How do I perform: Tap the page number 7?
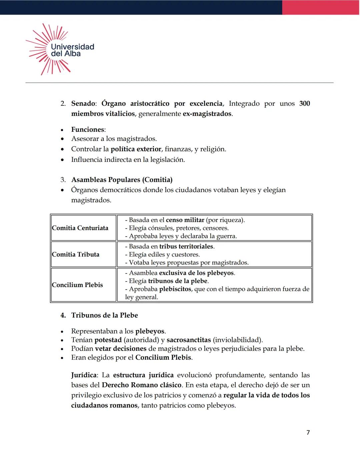click(308, 432)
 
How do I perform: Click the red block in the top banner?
click(321, 7)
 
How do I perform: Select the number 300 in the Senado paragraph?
click(304, 103)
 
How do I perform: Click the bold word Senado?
click(83, 103)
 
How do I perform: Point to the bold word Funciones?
click(88, 129)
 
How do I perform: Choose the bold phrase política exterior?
click(136, 149)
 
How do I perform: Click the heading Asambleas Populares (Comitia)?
click(122, 180)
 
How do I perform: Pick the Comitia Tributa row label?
click(76, 254)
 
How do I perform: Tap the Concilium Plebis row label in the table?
click(77, 285)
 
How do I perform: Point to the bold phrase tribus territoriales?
click(186, 247)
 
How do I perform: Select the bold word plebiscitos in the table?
click(175, 289)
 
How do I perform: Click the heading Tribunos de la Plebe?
click(104, 315)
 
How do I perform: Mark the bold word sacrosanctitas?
click(189, 340)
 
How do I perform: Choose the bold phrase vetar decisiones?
click(121, 349)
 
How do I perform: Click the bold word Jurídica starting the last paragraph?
click(84, 375)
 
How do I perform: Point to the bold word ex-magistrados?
click(207, 114)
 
